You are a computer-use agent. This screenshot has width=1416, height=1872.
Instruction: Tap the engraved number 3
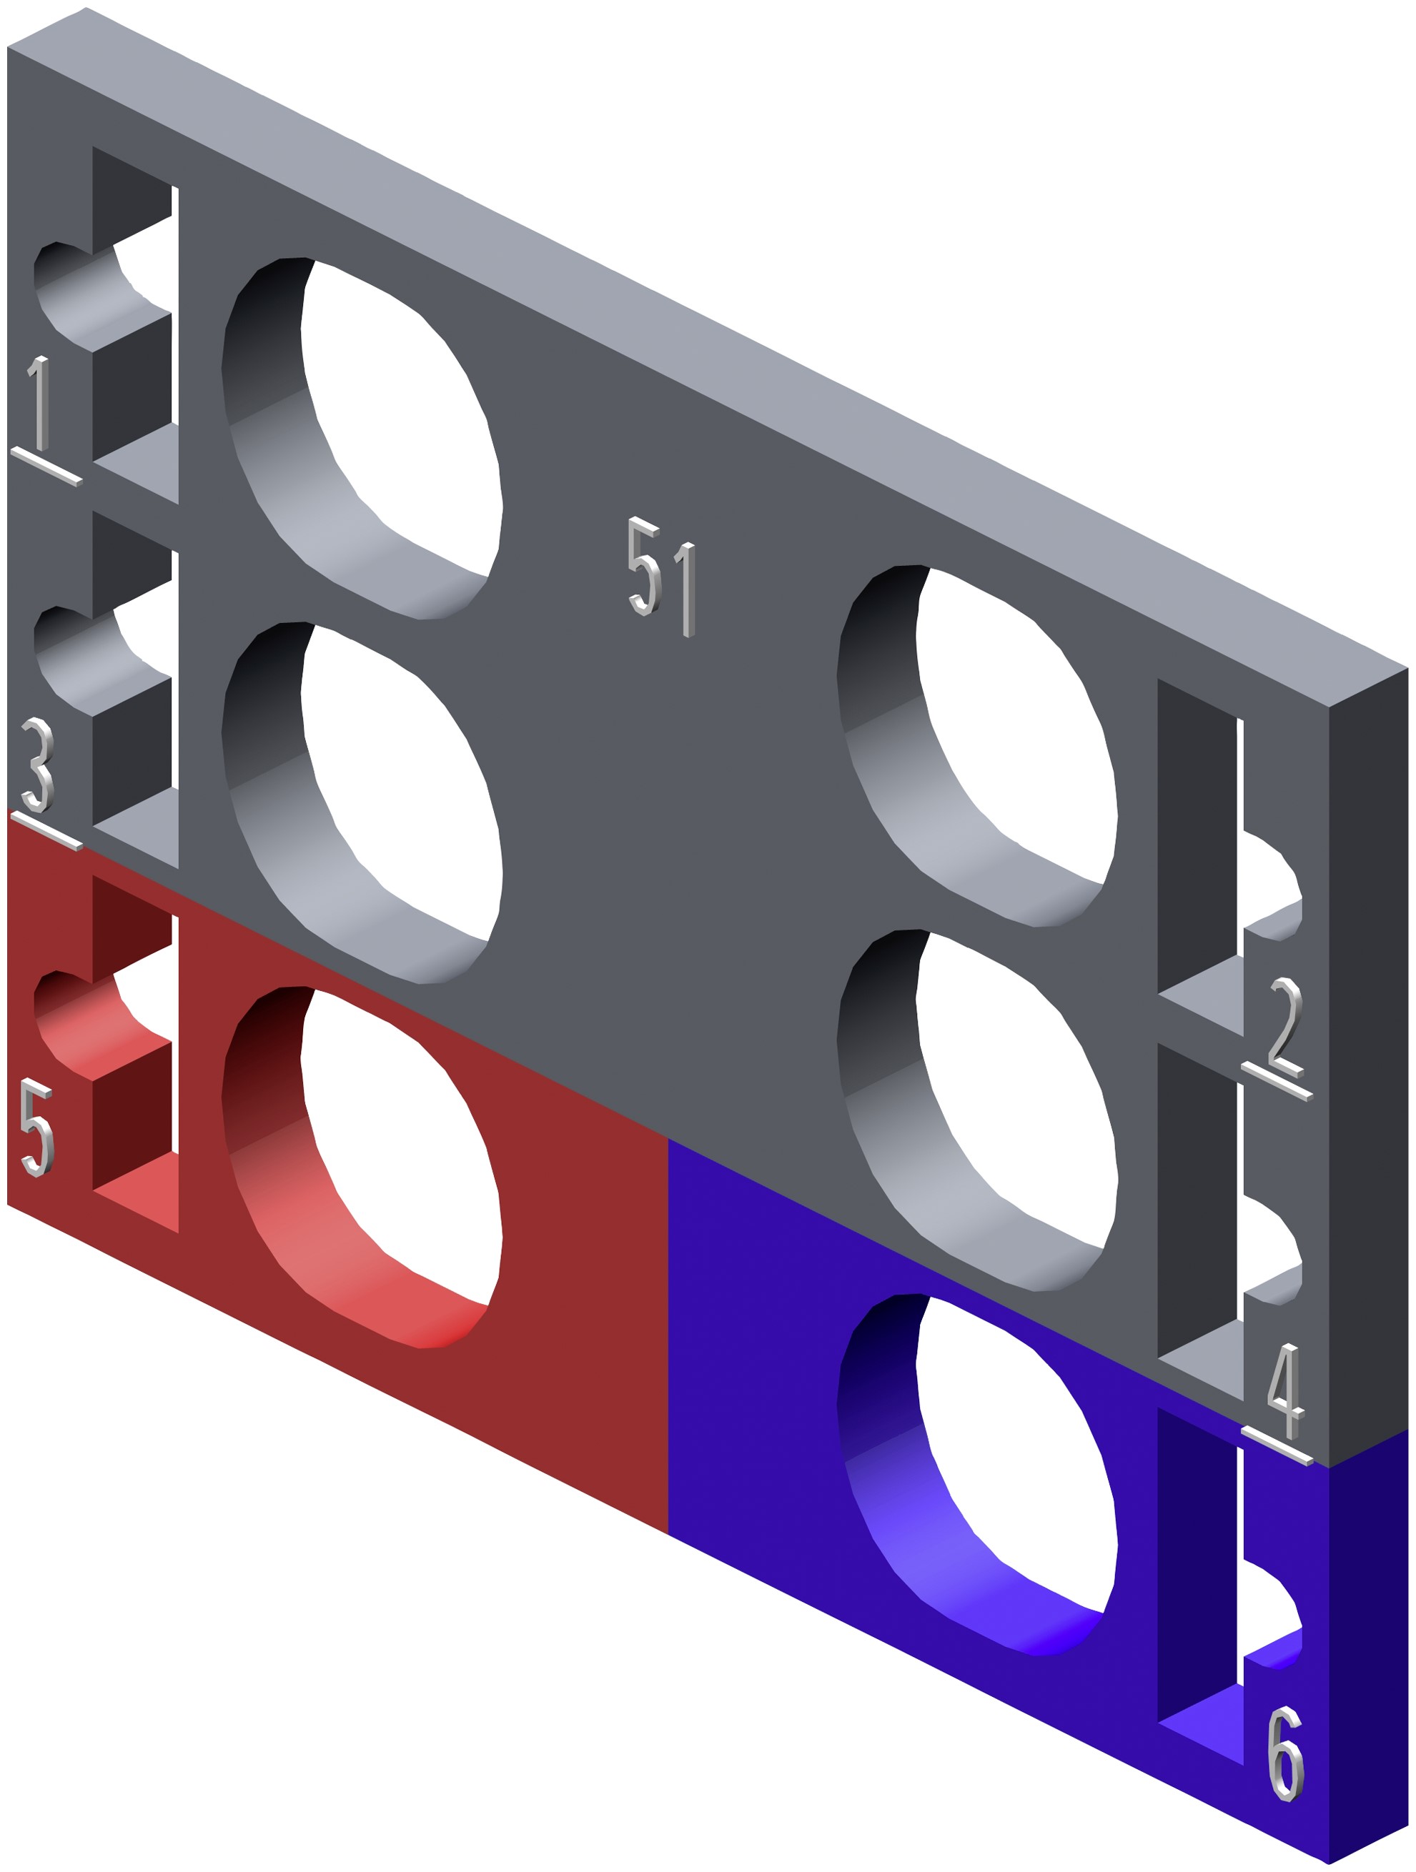tap(37, 765)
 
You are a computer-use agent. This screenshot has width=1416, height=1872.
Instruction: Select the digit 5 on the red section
tap(37, 1127)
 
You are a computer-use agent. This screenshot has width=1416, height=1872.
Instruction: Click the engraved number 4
tap(1287, 1391)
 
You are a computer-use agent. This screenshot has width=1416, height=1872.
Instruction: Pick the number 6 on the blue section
tap(1286, 1754)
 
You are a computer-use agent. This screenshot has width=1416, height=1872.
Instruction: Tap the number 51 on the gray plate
tap(662, 577)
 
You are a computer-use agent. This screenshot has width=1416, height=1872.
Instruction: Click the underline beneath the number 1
tap(46, 467)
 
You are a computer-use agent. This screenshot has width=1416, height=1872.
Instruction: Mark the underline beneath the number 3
tap(46, 830)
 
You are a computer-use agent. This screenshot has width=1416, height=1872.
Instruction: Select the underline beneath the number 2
tap(1277, 1081)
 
